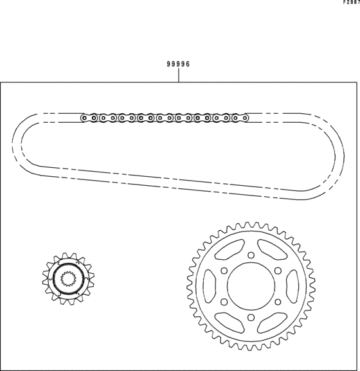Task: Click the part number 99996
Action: point(178,64)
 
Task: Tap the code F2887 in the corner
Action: point(352,2)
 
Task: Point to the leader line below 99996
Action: point(179,75)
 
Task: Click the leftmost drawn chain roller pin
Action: point(84,118)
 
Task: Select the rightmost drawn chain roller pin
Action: point(245,118)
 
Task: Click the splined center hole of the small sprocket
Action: point(68,278)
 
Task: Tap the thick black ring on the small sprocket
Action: point(68,278)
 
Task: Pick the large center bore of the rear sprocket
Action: point(251,286)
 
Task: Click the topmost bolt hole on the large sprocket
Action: point(251,255)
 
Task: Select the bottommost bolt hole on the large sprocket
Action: point(251,317)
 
